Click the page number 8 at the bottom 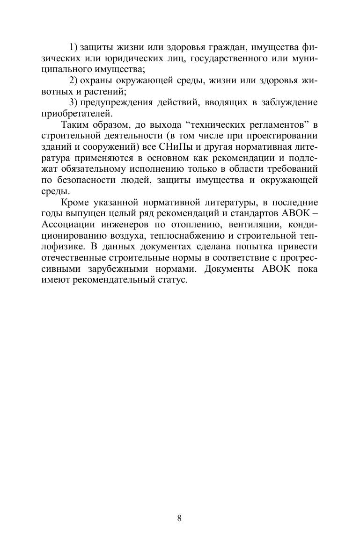[180, 518]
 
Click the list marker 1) [73, 47]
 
